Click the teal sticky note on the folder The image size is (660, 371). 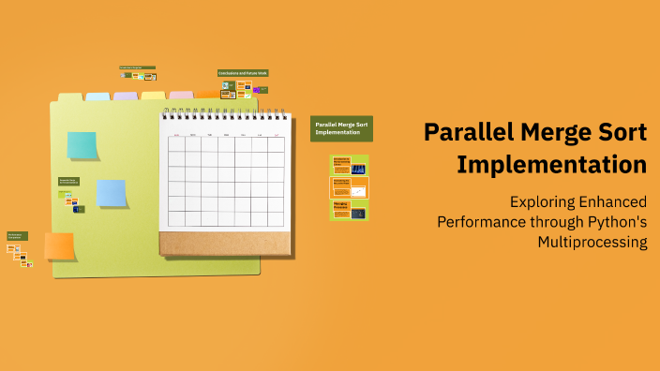82,145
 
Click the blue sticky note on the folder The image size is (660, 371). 112,192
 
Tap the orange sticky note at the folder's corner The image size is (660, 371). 59,245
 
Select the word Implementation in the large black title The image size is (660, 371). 551,165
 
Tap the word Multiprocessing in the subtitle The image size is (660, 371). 592,242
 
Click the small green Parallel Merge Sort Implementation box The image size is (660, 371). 341,128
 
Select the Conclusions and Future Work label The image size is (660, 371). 243,73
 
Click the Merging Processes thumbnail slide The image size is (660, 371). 349,210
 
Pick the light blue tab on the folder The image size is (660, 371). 97,96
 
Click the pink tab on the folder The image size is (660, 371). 181,96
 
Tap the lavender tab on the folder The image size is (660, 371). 126,96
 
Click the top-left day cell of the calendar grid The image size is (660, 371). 176,146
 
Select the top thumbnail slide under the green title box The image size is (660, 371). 349,166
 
